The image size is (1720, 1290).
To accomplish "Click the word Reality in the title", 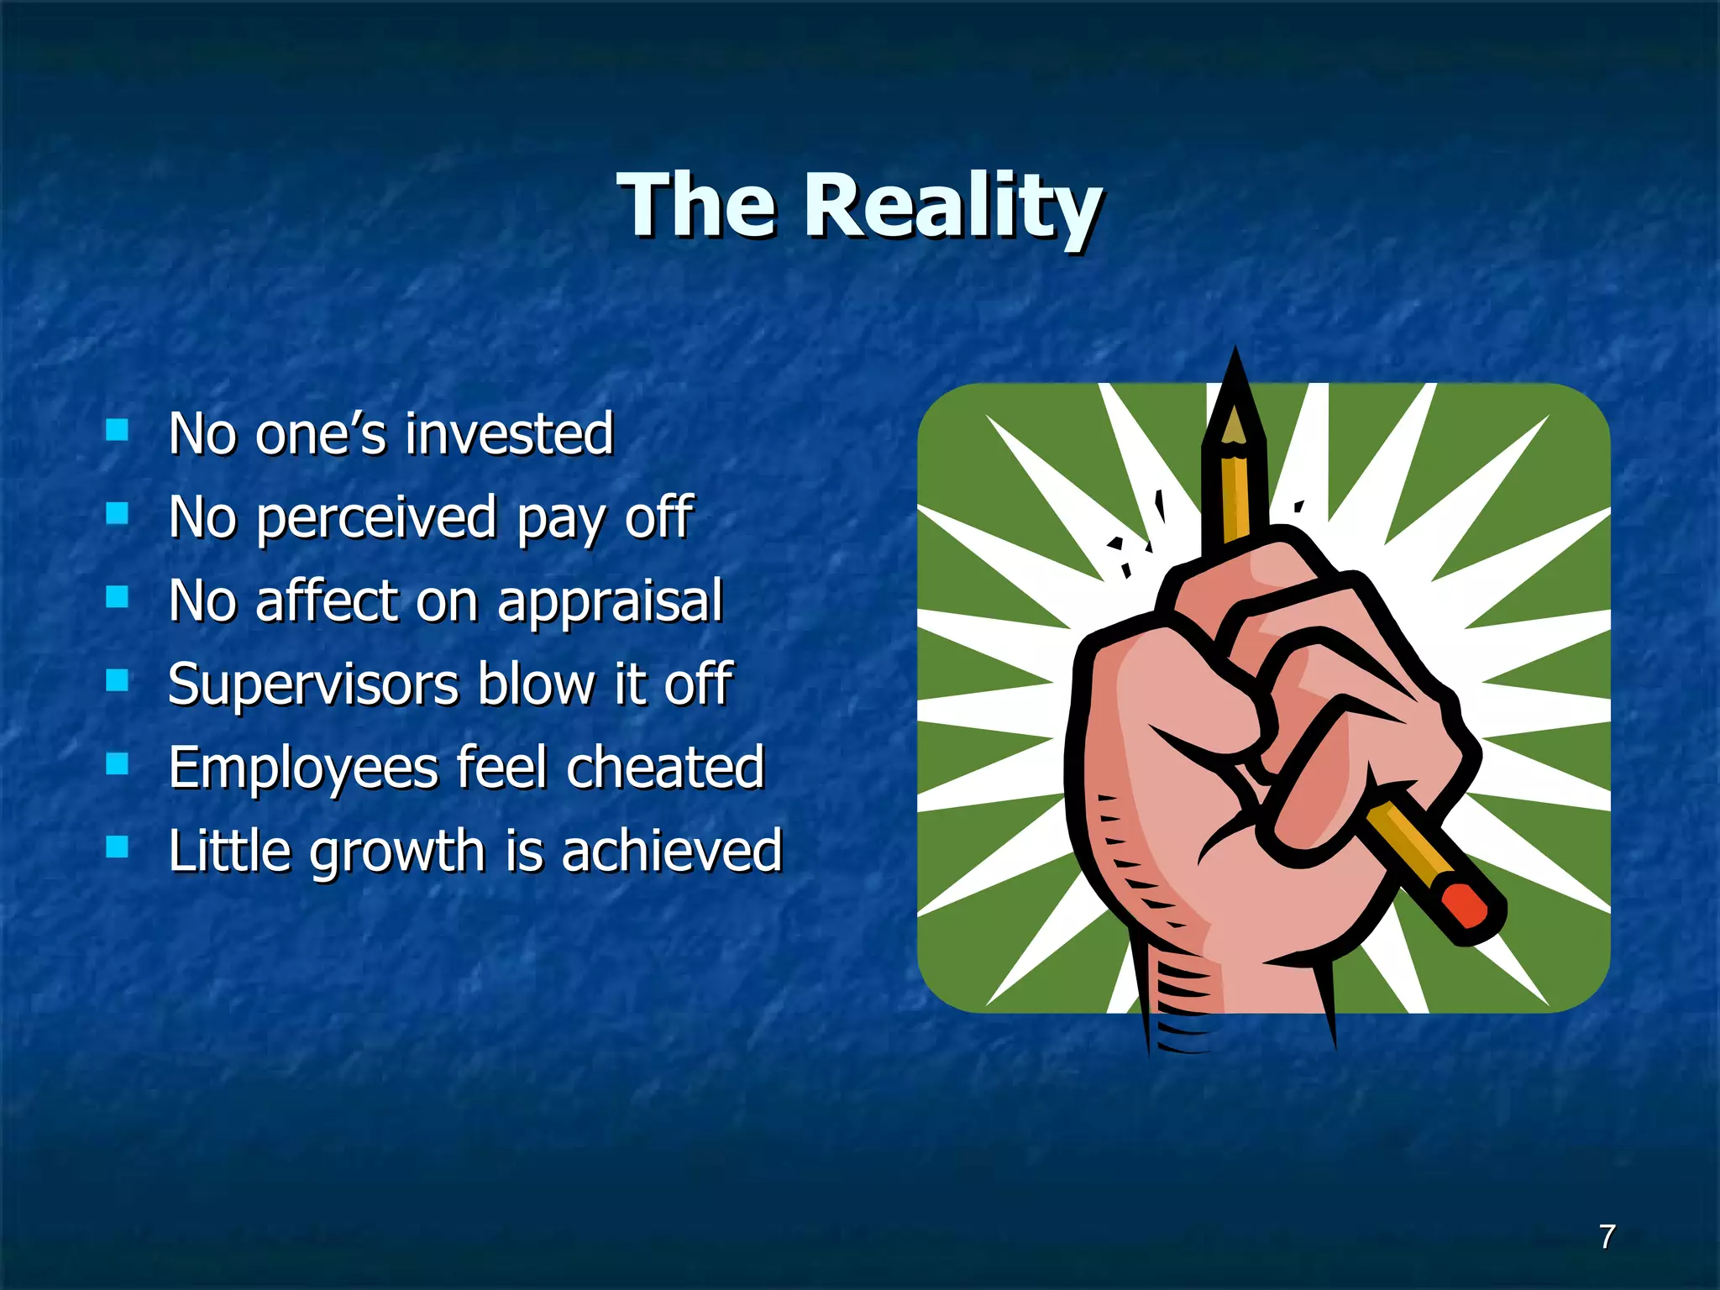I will [x=952, y=206].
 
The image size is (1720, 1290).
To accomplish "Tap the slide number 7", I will [x=1607, y=1236].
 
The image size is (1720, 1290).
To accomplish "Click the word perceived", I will [x=376, y=518].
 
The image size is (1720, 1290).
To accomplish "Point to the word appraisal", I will [x=610, y=601].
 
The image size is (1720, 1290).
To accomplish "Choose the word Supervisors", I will [x=312, y=684].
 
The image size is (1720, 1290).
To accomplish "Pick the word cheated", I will [x=665, y=768].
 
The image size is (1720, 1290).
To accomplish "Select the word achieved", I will [x=672, y=851].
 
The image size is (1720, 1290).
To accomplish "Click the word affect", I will [x=325, y=600].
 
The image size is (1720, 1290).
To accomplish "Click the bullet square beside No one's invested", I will [x=117, y=430].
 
